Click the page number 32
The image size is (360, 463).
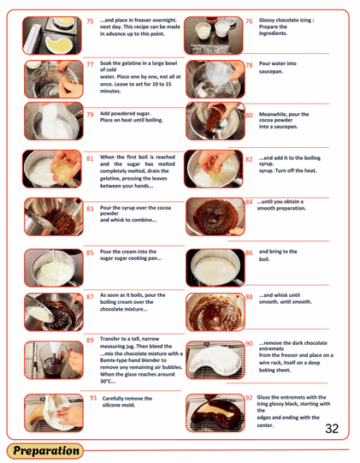click(x=332, y=429)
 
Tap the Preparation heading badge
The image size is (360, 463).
click(x=45, y=451)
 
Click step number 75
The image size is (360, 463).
click(x=90, y=21)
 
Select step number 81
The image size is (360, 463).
click(x=90, y=159)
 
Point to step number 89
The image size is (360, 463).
click(x=90, y=340)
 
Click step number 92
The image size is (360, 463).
click(x=249, y=398)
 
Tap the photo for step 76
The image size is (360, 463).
click(x=213, y=35)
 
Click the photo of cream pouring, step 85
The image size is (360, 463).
click(x=54, y=268)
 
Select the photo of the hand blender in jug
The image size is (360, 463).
click(x=54, y=360)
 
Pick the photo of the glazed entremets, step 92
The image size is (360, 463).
click(x=215, y=413)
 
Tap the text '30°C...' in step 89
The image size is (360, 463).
click(x=108, y=381)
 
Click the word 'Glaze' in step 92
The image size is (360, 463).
click(x=263, y=397)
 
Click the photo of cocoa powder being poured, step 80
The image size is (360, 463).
click(x=215, y=121)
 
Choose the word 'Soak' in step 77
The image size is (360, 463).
click(x=106, y=63)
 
